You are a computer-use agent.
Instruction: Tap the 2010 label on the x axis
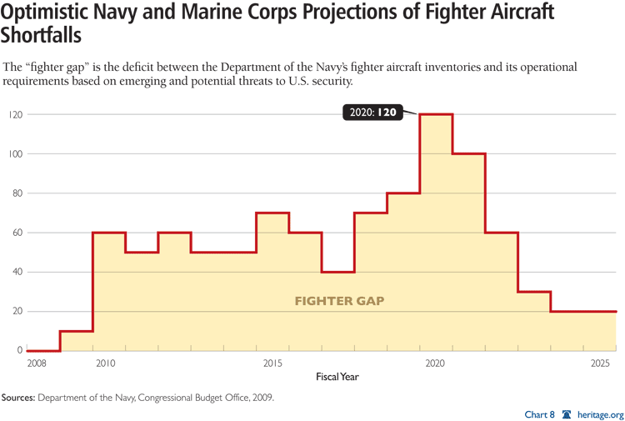pos(104,364)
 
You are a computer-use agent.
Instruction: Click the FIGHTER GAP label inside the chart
pos(339,301)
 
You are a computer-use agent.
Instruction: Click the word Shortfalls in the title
pos(41,39)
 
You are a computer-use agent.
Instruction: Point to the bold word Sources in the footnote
pos(24,398)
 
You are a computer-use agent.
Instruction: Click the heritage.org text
pos(599,413)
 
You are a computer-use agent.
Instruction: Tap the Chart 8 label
pos(541,413)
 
